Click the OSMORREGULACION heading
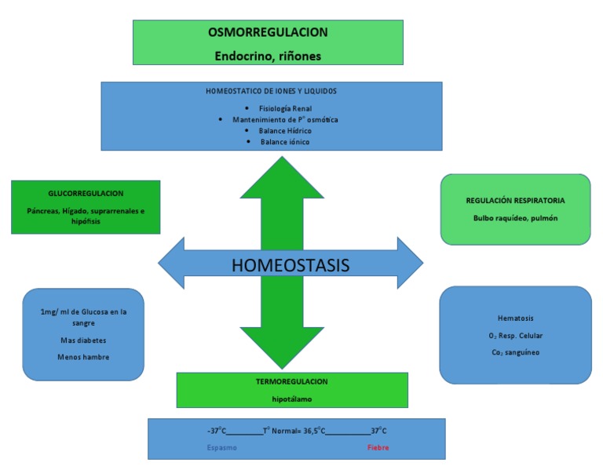pyautogui.click(x=268, y=33)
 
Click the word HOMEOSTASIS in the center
pyautogui.click(x=291, y=265)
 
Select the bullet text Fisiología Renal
pyautogui.click(x=280, y=108)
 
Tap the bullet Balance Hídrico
pyautogui.click(x=285, y=131)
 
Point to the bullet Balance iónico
pyautogui.click(x=285, y=142)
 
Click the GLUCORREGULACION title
pyautogui.click(x=86, y=193)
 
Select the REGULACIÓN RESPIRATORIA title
pyautogui.click(x=515, y=201)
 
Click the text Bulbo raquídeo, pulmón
pyautogui.click(x=515, y=218)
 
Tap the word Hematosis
pyautogui.click(x=515, y=319)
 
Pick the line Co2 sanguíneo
pyautogui.click(x=515, y=353)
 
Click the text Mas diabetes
pyautogui.click(x=83, y=340)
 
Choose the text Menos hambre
pyautogui.click(x=83, y=357)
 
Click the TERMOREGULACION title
pyautogui.click(x=291, y=381)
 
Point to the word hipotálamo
pyautogui.click(x=291, y=399)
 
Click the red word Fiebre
pyautogui.click(x=378, y=448)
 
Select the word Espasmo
pyautogui.click(x=221, y=448)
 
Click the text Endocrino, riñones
pyautogui.click(x=268, y=56)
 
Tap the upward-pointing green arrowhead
pyautogui.click(x=281, y=176)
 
